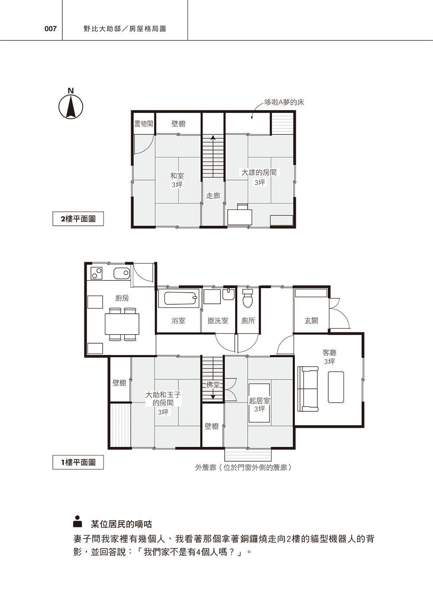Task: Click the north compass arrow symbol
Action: [x=71, y=107]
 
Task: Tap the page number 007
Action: [x=51, y=29]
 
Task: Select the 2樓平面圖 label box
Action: [x=78, y=219]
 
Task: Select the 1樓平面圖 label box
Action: [x=78, y=462]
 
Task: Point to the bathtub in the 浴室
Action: [x=181, y=298]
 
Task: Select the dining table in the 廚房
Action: [x=122, y=324]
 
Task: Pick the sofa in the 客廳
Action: [x=308, y=388]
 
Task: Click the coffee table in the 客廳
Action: [x=336, y=387]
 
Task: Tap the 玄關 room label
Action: [x=311, y=320]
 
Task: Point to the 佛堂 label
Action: [x=213, y=385]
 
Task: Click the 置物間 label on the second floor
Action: [x=143, y=124]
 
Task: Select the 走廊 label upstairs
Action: [x=213, y=196]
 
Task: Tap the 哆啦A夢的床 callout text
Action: [x=284, y=102]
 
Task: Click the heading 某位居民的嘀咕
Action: [x=121, y=524]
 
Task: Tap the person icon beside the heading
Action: [x=78, y=521]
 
